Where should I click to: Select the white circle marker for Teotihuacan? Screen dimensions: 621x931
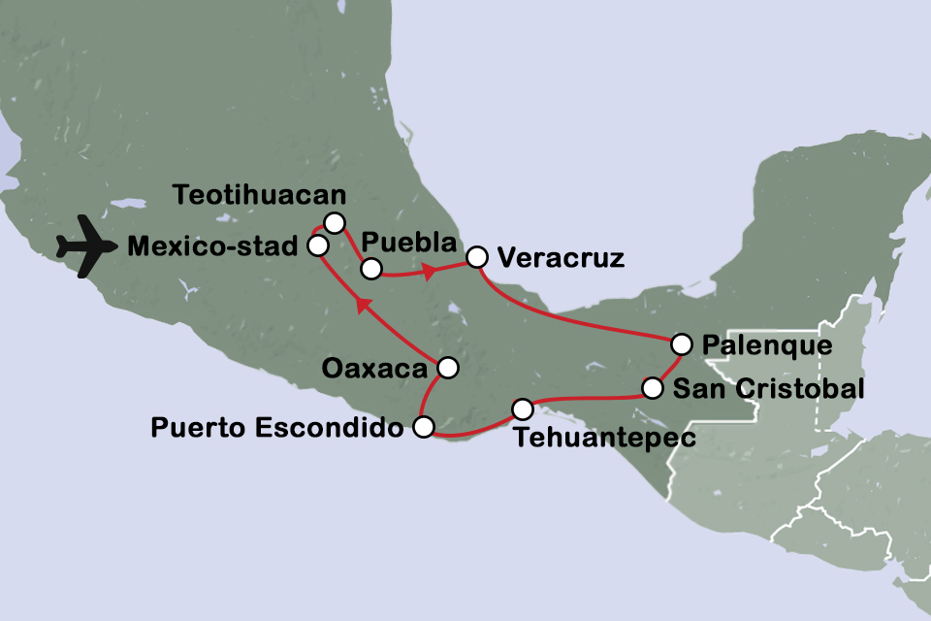pyautogui.click(x=335, y=223)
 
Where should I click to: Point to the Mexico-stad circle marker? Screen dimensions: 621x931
pyautogui.click(x=316, y=245)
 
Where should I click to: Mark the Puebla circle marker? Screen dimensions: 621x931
pyautogui.click(x=369, y=268)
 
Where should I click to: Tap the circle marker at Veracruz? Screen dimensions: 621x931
pyautogui.click(x=476, y=257)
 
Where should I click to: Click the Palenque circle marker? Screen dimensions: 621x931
pyautogui.click(x=682, y=343)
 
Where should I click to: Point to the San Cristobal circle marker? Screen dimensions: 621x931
pyautogui.click(x=654, y=389)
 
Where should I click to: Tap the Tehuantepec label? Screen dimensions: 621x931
pyautogui.click(x=605, y=439)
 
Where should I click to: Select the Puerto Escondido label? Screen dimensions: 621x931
pyautogui.click(x=277, y=427)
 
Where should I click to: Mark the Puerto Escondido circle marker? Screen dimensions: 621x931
pyautogui.click(x=423, y=427)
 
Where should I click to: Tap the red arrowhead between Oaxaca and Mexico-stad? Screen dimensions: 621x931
pyautogui.click(x=364, y=306)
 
